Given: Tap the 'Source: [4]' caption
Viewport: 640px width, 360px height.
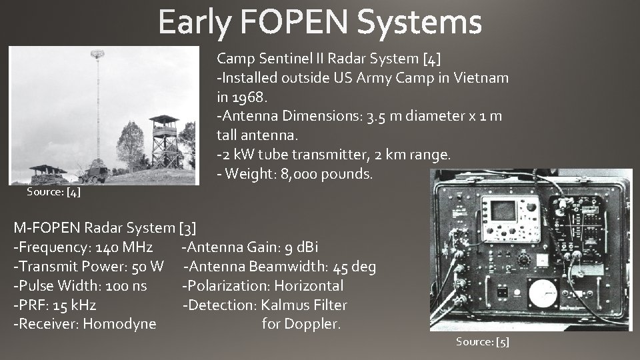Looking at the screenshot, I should pyautogui.click(x=53, y=192).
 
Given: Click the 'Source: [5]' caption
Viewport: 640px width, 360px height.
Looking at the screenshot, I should pyautogui.click(x=482, y=341).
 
